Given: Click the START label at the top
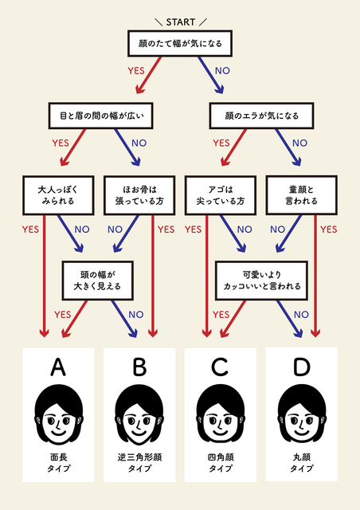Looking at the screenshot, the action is tap(181, 22).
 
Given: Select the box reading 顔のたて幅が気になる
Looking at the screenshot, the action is tap(180, 43).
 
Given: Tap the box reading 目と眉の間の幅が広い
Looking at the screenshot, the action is tap(101, 116).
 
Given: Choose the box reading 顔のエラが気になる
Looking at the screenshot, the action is tap(261, 116).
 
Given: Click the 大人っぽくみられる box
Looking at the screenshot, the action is tap(58, 195).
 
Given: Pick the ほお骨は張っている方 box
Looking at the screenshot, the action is tap(139, 195).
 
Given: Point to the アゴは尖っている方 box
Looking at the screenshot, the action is tap(221, 195).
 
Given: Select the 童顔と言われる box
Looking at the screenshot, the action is tap(302, 195).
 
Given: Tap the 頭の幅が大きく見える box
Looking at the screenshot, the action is tap(97, 280).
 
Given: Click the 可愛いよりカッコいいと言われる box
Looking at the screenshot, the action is tap(261, 280).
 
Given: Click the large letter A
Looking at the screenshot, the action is tap(58, 367).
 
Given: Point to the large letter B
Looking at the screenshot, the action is tap(139, 367).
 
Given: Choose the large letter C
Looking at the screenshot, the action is tap(220, 367).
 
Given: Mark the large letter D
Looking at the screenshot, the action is tap(302, 367).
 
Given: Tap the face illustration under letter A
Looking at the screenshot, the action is tap(58, 414).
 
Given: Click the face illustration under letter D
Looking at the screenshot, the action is tap(302, 414).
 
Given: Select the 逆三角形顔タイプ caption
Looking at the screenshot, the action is tap(139, 463).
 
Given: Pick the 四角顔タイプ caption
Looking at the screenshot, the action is tap(221, 463).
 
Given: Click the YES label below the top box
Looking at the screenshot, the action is tap(136, 71).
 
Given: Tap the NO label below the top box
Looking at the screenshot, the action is tap(222, 71).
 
